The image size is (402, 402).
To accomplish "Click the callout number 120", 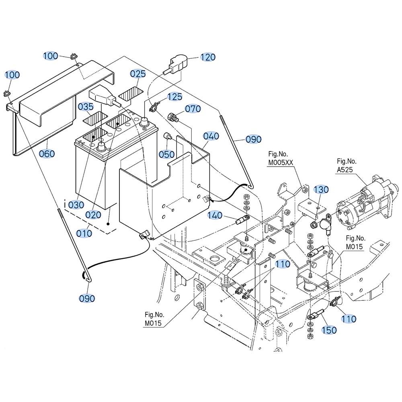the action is tap(208, 57).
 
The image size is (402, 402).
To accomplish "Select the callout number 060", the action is tap(47, 154).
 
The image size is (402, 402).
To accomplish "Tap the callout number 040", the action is tap(211, 136).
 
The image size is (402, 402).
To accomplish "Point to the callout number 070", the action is tap(193, 109).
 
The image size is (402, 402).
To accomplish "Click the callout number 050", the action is tap(167, 155).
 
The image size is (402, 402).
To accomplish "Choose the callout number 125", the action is tap(174, 97).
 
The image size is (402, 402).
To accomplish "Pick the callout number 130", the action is tap(321, 190).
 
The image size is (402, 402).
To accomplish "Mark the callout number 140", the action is tap(215, 215).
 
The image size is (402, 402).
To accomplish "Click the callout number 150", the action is tap(329, 330).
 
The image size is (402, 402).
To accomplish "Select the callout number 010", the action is tap(84, 234).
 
